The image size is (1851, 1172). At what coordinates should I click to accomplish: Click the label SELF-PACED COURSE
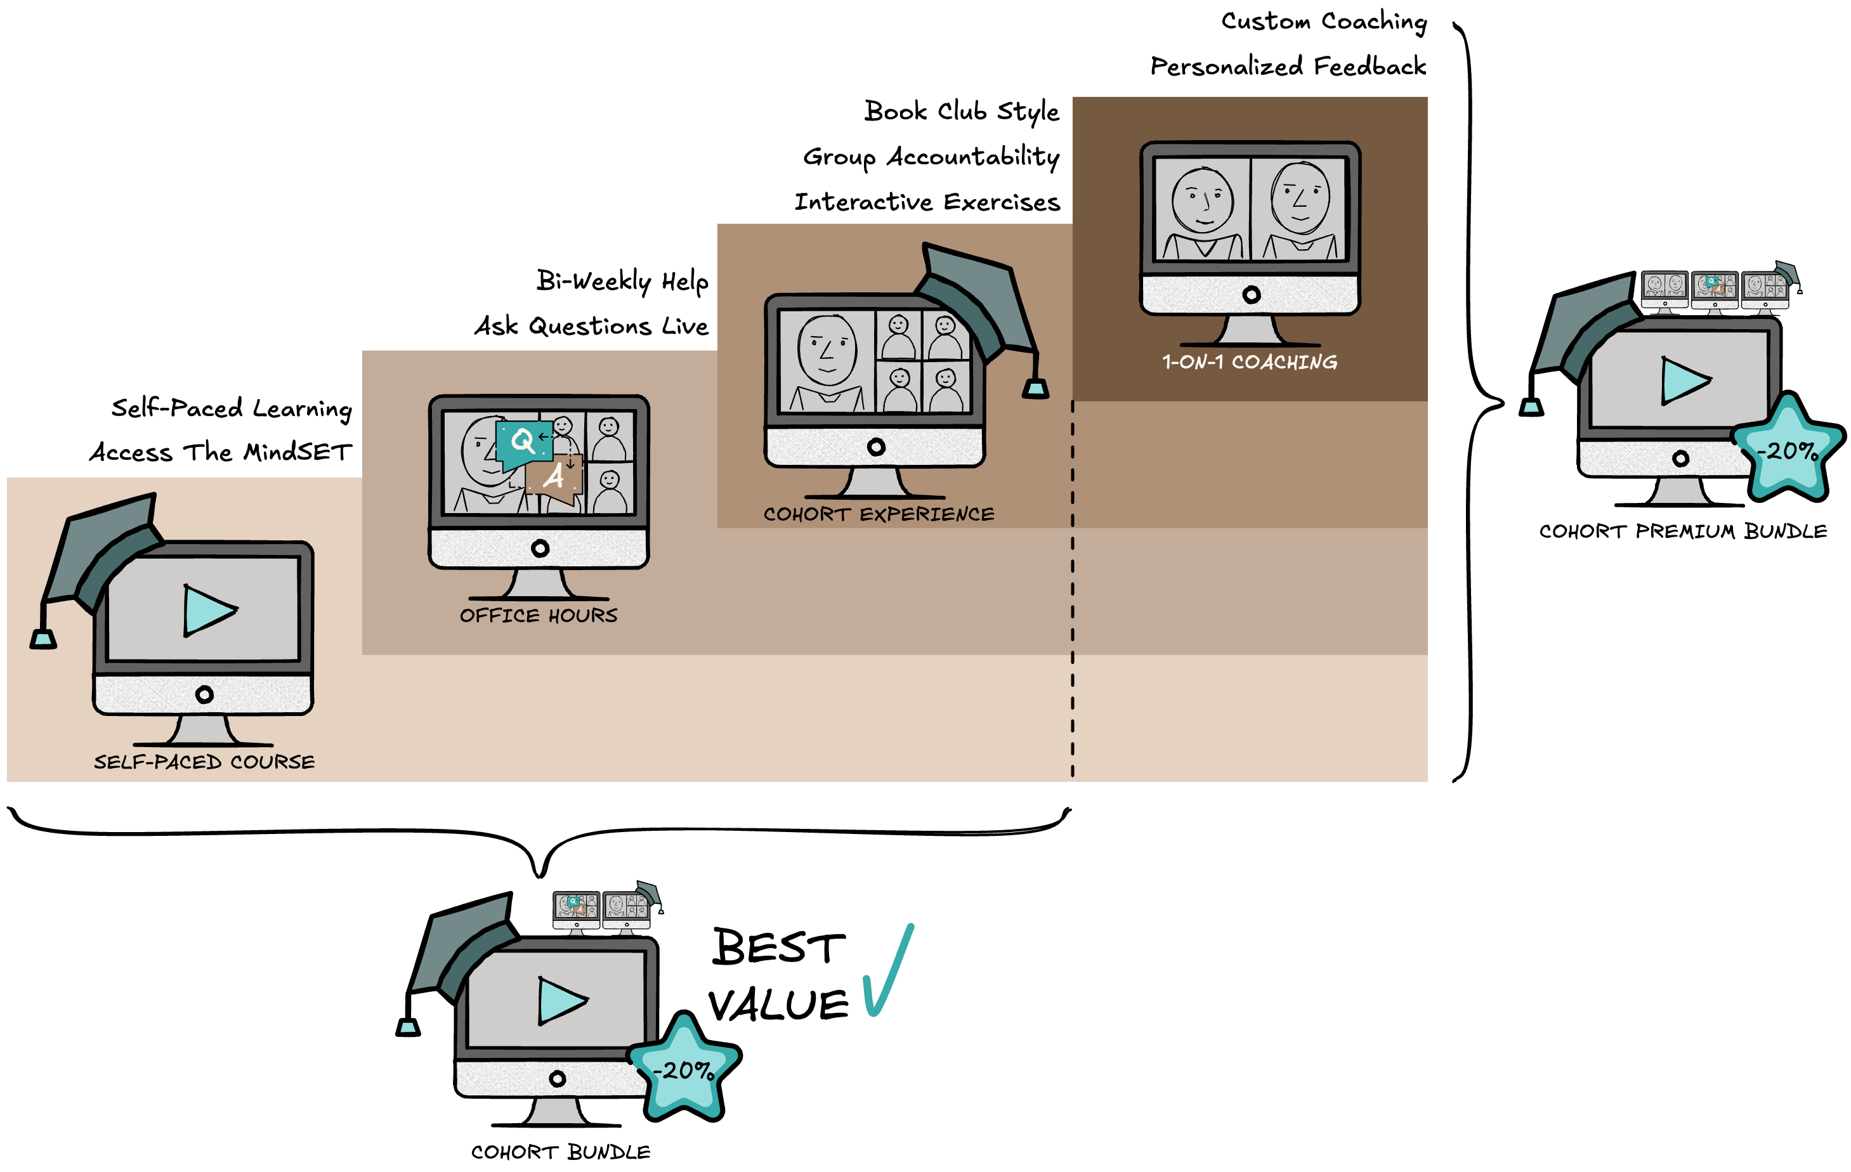click(x=204, y=762)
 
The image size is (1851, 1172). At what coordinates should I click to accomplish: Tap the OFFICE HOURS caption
click(x=538, y=616)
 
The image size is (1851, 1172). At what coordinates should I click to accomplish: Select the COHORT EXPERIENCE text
click(x=879, y=514)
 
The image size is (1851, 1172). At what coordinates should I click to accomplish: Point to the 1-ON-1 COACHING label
click(x=1250, y=362)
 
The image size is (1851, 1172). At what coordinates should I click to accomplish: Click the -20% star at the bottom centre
click(x=684, y=1068)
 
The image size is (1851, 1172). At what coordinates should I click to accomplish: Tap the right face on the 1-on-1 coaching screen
click(x=1300, y=197)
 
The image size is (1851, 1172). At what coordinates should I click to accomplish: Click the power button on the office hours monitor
click(x=540, y=548)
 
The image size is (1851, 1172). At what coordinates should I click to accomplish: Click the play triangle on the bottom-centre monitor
click(x=561, y=1001)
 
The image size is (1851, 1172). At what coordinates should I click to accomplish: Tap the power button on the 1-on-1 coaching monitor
click(x=1252, y=294)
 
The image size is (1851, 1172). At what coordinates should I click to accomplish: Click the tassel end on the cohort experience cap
click(x=1035, y=389)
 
